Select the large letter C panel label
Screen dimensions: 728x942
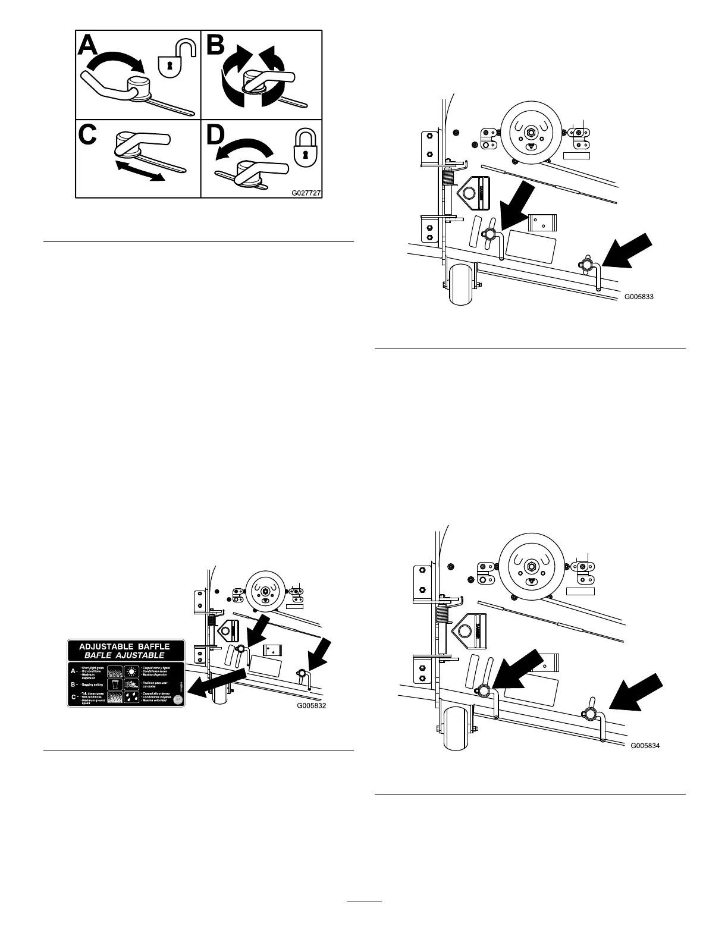click(89, 135)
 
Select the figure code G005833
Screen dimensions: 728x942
click(639, 296)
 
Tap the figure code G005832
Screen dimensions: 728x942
click(312, 706)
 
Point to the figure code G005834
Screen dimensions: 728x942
click(645, 745)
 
